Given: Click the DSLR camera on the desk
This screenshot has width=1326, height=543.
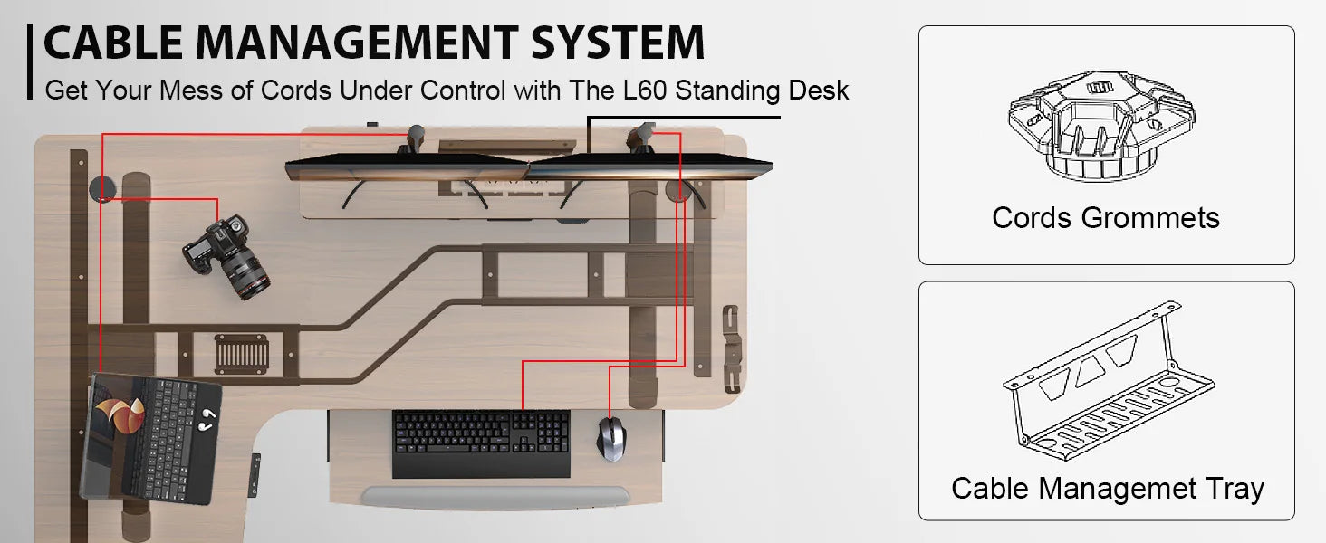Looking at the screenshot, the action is click(x=226, y=257).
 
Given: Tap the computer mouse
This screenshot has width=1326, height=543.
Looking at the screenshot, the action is click(x=610, y=438).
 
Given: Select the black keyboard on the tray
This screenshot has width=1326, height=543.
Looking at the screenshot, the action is click(x=481, y=443).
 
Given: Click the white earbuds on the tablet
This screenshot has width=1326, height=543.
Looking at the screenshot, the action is click(x=207, y=418).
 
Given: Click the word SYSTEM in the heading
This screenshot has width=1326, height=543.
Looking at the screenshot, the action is click(x=618, y=43).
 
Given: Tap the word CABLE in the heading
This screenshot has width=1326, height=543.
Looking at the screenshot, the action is click(x=113, y=43).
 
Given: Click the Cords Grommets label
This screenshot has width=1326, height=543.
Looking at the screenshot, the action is click(x=1106, y=218).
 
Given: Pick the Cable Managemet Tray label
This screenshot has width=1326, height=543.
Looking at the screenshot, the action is click(x=1108, y=490).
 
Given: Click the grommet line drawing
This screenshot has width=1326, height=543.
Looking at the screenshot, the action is click(x=1101, y=126).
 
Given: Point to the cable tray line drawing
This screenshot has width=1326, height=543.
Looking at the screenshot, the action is click(x=1108, y=381).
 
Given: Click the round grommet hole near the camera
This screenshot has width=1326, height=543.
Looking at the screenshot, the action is click(x=102, y=188).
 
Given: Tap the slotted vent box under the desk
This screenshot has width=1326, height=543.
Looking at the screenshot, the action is click(x=242, y=355).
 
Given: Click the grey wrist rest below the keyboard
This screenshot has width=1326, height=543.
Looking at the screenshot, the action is click(x=494, y=497).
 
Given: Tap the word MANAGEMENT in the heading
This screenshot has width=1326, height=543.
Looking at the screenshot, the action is click(x=357, y=43).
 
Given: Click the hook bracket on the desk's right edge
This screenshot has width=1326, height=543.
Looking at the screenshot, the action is click(x=732, y=349).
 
